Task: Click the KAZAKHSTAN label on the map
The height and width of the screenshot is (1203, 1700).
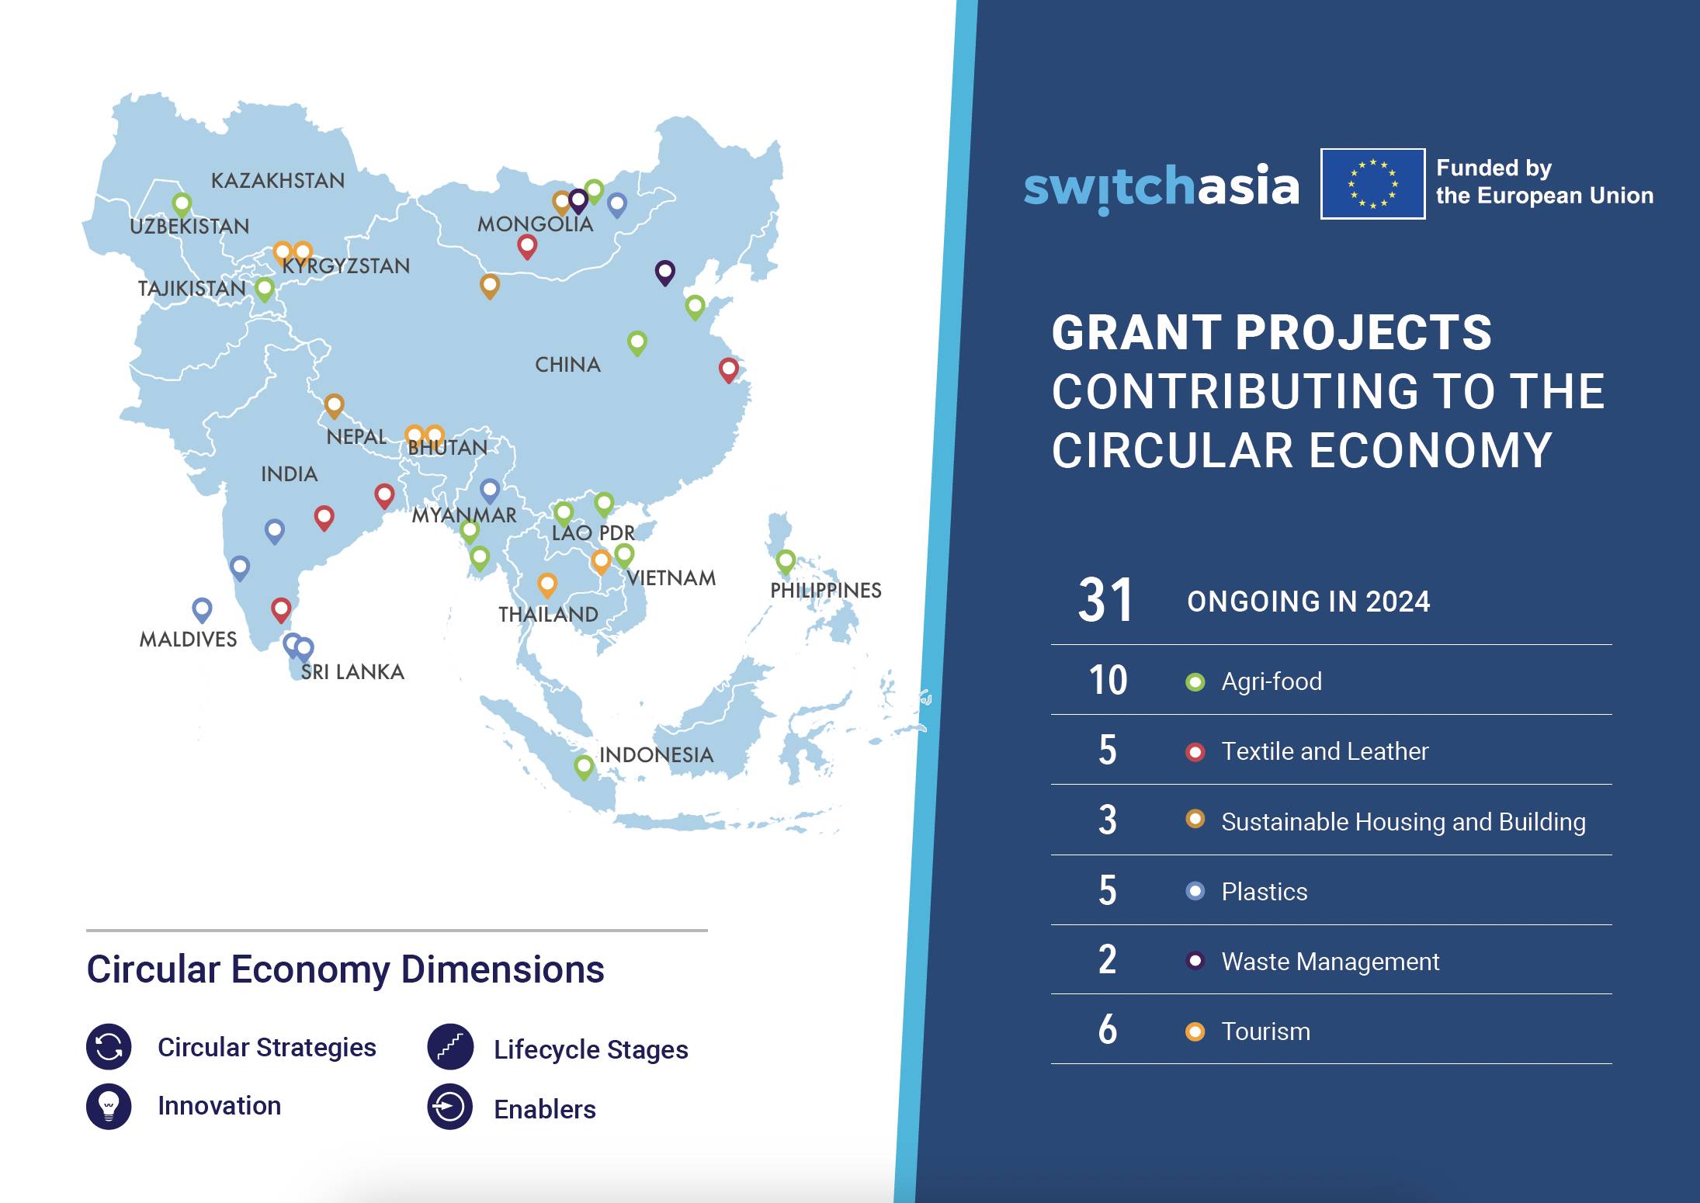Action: tap(278, 181)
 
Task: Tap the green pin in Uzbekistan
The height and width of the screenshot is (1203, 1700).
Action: tap(182, 204)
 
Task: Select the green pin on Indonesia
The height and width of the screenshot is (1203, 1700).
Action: tap(584, 767)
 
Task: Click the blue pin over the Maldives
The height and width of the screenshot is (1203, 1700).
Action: tap(202, 608)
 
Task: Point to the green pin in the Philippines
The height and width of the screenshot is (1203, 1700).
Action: tap(786, 560)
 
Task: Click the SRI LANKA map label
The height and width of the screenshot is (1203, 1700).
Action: tap(352, 672)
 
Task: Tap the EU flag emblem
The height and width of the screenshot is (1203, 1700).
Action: tap(1372, 184)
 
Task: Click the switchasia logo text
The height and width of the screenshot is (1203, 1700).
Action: tap(1161, 187)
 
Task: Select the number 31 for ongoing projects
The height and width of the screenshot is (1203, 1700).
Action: tap(1105, 601)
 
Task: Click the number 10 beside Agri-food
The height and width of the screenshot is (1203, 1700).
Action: tap(1108, 681)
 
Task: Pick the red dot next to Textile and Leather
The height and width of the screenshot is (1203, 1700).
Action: tap(1195, 751)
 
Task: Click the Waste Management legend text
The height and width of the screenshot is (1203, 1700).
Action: tap(1330, 962)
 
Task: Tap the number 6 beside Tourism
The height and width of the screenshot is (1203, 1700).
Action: tap(1108, 1030)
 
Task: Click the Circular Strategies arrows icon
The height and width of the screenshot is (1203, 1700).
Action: tap(109, 1046)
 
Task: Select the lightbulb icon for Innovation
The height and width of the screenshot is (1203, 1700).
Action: tap(109, 1105)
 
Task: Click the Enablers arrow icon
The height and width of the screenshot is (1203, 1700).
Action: tap(450, 1107)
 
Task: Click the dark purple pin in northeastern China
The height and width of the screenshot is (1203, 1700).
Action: tap(665, 272)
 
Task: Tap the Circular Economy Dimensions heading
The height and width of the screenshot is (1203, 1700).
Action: tap(345, 969)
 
